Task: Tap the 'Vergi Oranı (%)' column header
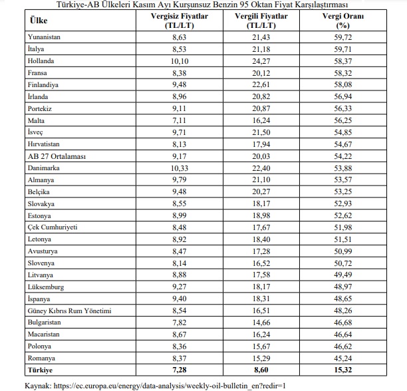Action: coord(342,21)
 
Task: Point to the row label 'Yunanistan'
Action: coord(45,37)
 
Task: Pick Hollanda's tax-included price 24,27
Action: coord(256,61)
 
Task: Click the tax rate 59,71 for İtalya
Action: coord(342,49)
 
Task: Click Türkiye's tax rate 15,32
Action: coord(342,369)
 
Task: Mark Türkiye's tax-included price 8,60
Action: coord(256,369)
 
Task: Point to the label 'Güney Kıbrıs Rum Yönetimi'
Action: coord(70,311)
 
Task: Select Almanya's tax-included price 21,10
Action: coord(256,180)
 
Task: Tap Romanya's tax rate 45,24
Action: coord(342,358)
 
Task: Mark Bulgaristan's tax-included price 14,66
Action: coord(256,323)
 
